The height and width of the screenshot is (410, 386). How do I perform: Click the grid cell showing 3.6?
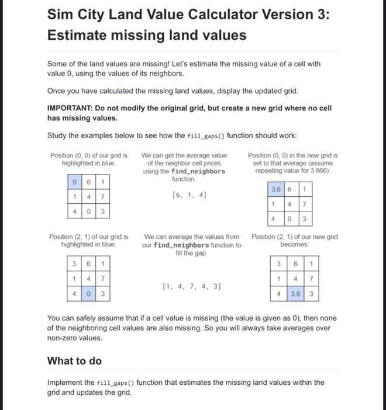(x=274, y=189)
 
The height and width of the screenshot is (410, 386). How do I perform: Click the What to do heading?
(x=74, y=361)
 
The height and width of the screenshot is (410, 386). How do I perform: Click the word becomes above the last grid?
(x=294, y=244)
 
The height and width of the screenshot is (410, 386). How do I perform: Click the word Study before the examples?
(x=58, y=135)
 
